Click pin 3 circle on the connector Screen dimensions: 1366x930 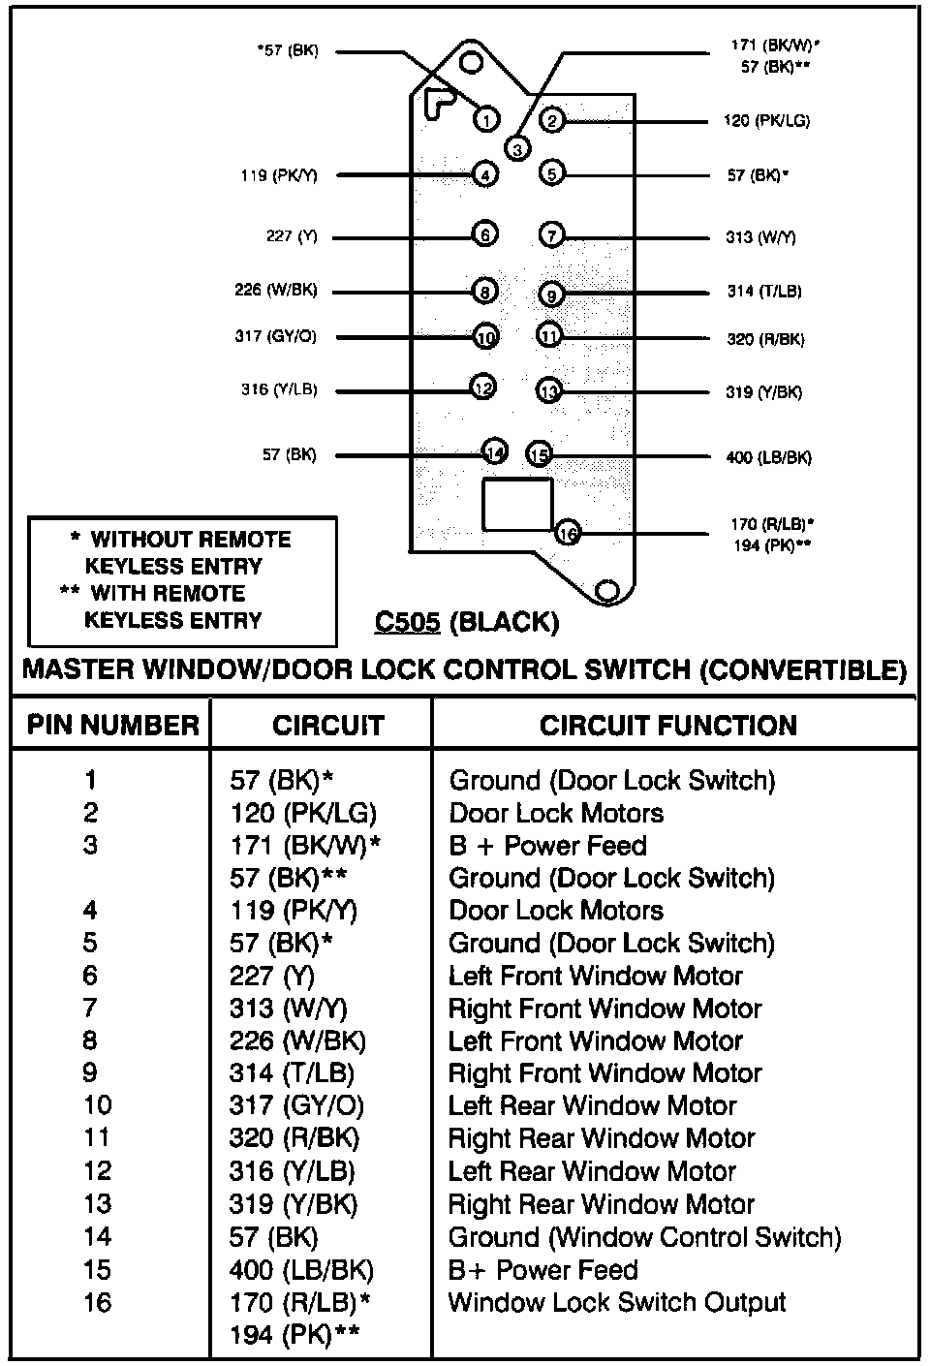[517, 148]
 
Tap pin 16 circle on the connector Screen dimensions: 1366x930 [568, 532]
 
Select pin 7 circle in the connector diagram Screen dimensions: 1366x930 [550, 235]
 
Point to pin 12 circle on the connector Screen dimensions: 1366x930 [482, 388]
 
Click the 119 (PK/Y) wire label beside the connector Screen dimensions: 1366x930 [279, 175]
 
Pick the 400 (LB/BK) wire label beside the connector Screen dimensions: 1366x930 [768, 457]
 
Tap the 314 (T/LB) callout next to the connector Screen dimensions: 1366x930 [764, 292]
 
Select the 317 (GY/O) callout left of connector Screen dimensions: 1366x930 [275, 336]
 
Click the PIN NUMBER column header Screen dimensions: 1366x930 [112, 725]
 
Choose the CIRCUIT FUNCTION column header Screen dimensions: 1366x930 [668, 725]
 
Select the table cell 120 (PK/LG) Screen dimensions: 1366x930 [303, 813]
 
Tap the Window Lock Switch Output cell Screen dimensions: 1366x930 [617, 1302]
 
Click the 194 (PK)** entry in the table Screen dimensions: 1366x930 [294, 1335]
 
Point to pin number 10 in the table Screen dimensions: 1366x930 [98, 1105]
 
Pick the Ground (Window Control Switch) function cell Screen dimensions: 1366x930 [644, 1237]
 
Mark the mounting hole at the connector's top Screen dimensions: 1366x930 [472, 63]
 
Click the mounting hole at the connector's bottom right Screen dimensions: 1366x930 [608, 590]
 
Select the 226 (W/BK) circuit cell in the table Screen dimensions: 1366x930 [298, 1040]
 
